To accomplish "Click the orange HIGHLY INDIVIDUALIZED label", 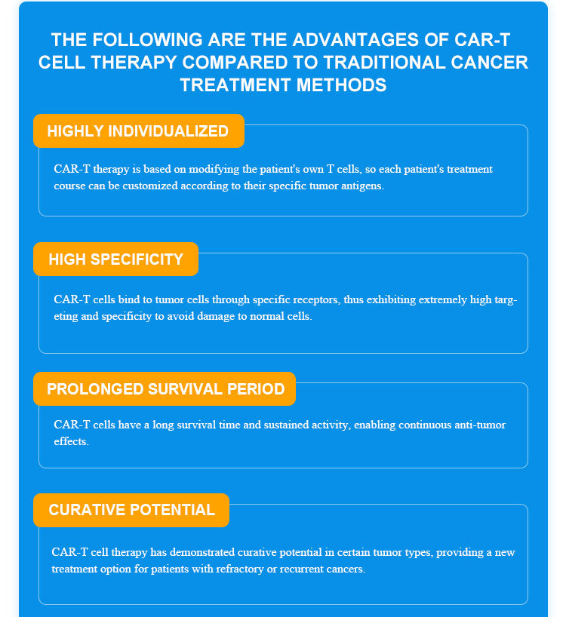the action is click(139, 131).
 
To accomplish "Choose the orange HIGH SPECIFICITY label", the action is click(115, 259).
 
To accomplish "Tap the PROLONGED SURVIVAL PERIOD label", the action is click(165, 388).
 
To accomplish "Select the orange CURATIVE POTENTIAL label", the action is click(131, 510).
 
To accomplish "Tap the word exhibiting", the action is click(391, 300).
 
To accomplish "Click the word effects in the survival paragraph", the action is click(71, 441).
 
